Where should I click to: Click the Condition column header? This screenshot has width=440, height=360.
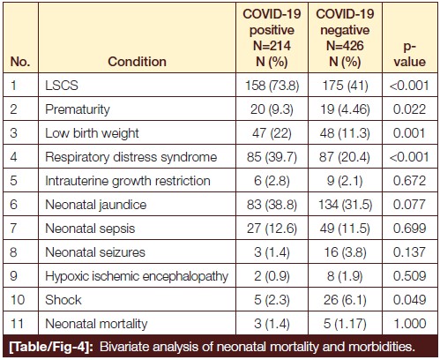pos(137,62)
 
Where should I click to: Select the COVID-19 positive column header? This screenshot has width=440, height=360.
pos(272,38)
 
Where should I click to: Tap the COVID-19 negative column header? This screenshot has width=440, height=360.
pos(345,38)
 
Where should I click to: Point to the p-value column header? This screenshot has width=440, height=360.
pos(410,54)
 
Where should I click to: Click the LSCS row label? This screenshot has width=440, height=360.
pos(62,86)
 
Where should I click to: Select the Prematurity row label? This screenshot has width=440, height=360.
pos(78,109)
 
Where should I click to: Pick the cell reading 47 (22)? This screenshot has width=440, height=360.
pos(272,133)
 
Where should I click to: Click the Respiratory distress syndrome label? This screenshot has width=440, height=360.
pos(131,157)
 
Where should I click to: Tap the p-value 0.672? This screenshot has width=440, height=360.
pos(410,181)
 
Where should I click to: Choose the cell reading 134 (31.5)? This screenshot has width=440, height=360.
pos(346,205)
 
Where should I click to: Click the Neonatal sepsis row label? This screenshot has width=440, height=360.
pos(90,229)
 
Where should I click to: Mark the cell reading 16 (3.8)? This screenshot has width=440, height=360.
pos(346,252)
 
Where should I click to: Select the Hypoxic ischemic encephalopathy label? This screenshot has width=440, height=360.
pos(137,276)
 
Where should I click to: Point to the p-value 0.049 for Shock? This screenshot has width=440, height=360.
pos(410,300)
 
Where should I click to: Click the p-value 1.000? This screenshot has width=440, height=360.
pos(410,324)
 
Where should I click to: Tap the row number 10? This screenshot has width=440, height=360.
pos(18,300)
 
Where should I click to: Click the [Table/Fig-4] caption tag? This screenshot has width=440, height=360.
pos(51,347)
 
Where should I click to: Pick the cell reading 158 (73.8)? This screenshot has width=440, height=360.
pos(272,86)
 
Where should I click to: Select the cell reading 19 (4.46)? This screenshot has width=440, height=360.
pos(346,109)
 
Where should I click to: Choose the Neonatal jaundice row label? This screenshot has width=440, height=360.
pos(96,205)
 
